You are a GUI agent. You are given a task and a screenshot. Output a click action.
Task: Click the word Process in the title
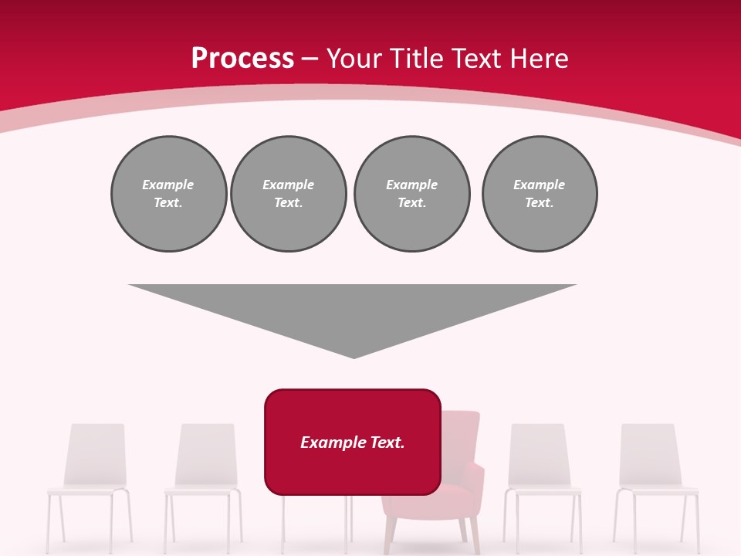pos(242,59)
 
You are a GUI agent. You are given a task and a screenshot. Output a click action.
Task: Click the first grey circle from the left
pos(168,194)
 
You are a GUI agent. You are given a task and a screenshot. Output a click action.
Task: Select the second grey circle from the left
pos(288,194)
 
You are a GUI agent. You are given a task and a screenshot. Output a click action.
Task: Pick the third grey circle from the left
pos(411,194)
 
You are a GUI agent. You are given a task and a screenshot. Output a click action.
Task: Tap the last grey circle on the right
pos(539,194)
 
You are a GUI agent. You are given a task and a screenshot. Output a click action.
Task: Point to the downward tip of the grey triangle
pos(354,356)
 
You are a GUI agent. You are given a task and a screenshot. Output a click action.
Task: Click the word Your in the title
pos(355,59)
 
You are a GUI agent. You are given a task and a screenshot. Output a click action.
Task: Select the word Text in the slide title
pos(475,59)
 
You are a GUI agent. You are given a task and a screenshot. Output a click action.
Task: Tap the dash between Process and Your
pos(310,59)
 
